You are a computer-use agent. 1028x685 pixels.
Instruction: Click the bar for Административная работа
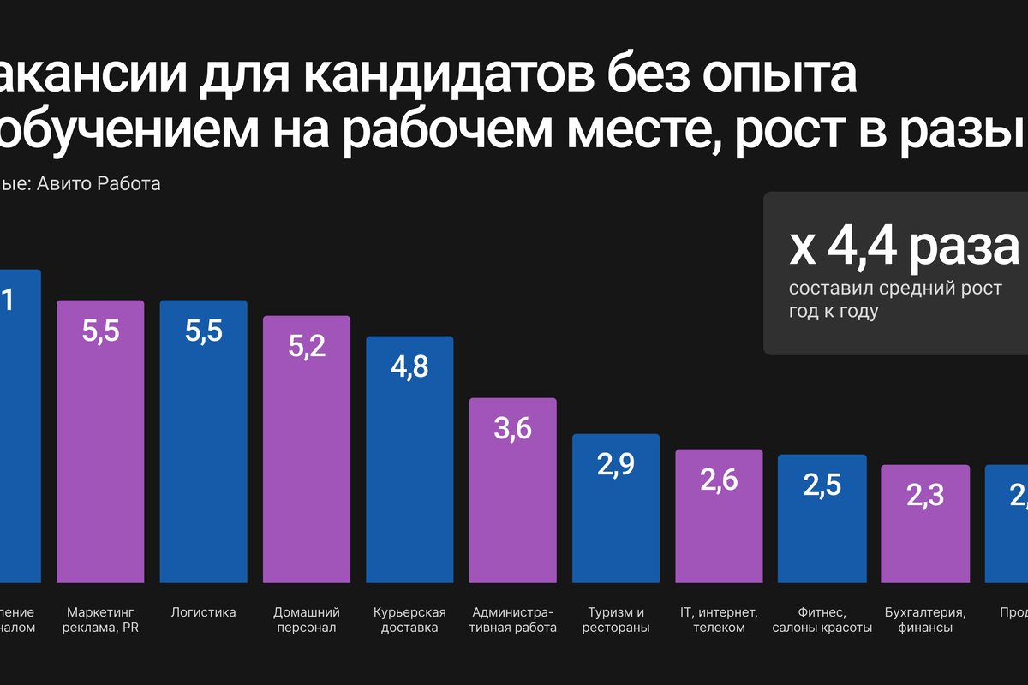(x=512, y=514)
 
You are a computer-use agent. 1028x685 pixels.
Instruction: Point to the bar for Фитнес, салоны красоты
(x=822, y=539)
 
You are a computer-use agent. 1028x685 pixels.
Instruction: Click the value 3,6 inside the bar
(x=512, y=428)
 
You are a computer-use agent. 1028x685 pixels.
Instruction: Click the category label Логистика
(x=203, y=612)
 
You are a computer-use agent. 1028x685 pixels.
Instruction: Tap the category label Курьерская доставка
(x=409, y=620)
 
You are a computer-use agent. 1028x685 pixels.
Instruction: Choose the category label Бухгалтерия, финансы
(x=924, y=620)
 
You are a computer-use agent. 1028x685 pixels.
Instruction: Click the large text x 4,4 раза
(x=904, y=247)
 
